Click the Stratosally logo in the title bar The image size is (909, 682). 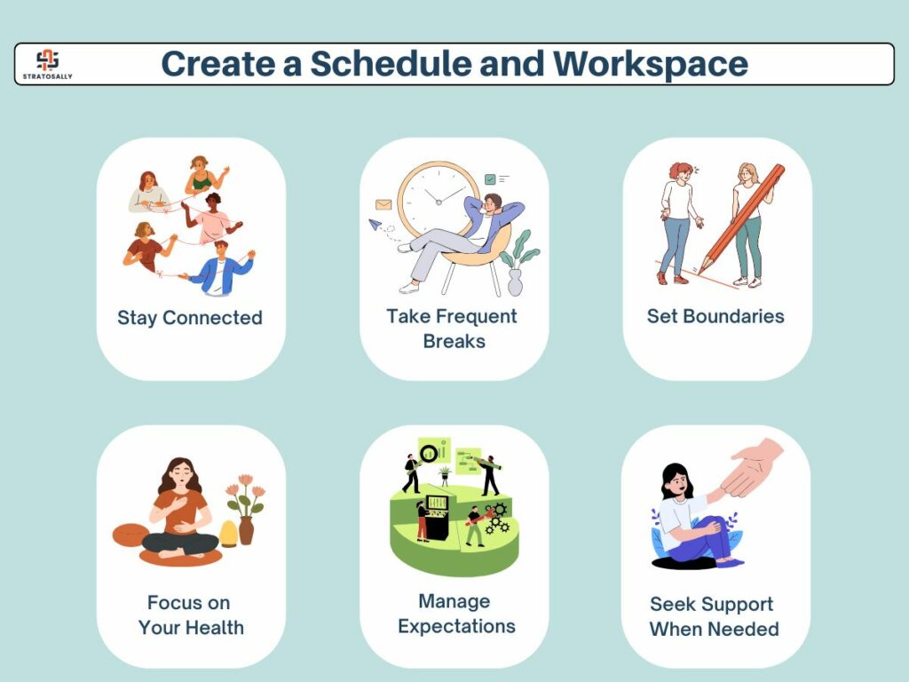click(48, 64)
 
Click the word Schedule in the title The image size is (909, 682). click(391, 63)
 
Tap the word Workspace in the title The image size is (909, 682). click(650, 65)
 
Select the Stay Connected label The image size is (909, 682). click(190, 318)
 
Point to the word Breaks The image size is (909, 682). click(454, 341)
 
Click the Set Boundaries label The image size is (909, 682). click(715, 316)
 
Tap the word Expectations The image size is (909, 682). click(456, 627)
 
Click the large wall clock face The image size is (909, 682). click(439, 200)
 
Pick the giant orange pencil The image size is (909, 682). click(741, 218)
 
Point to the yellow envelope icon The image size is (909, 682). click(383, 204)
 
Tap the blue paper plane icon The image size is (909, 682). click(375, 224)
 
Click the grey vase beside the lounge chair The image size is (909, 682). click(515, 282)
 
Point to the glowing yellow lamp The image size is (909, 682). click(228, 534)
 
